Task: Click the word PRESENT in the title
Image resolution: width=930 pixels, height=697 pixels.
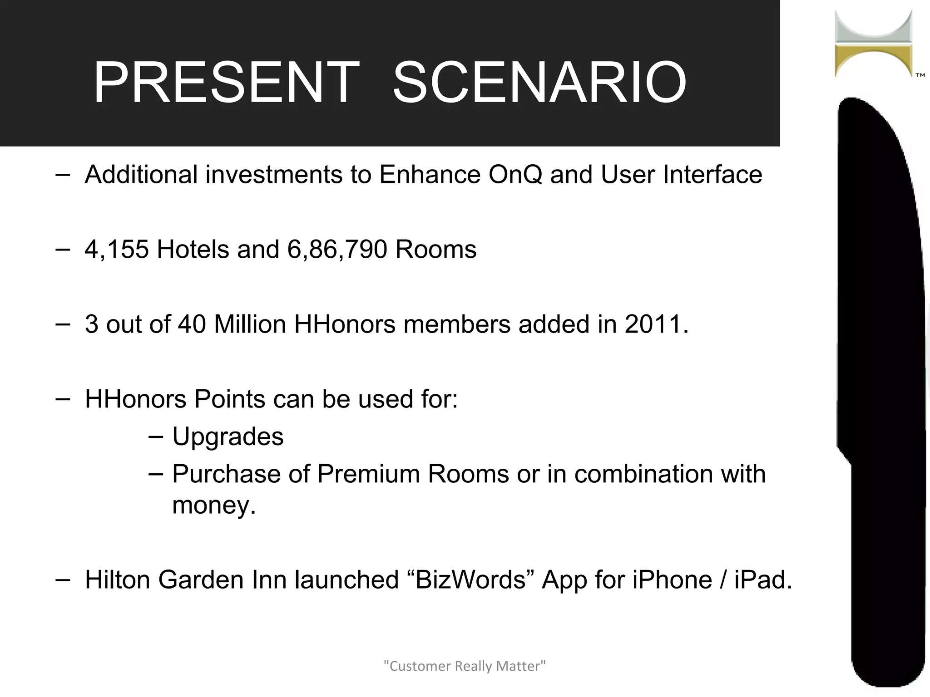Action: pyautogui.click(x=226, y=83)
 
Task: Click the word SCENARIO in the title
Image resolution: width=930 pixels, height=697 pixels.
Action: pyautogui.click(x=539, y=83)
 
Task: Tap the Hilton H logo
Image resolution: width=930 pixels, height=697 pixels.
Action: pyautogui.click(x=873, y=44)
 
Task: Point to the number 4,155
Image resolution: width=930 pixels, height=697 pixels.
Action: pyautogui.click(x=117, y=250)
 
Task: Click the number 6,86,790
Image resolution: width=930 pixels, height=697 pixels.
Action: pyautogui.click(x=337, y=250)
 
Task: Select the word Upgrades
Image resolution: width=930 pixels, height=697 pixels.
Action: pyautogui.click(x=228, y=437)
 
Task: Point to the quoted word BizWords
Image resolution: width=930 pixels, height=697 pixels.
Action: pyautogui.click(x=470, y=580)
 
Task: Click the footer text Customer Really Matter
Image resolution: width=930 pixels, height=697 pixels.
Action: pyautogui.click(x=465, y=666)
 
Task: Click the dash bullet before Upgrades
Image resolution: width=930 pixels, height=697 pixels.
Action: pyautogui.click(x=155, y=436)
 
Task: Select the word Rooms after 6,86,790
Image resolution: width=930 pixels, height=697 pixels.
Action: pyautogui.click(x=436, y=250)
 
